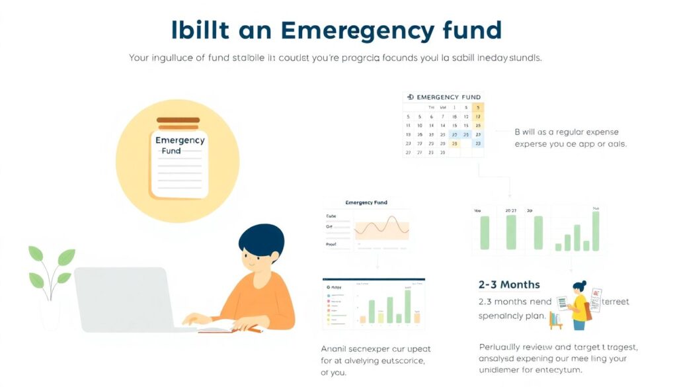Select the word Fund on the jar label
pos(171,151)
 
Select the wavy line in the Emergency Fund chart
pos(382,229)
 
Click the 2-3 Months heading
pos(509,284)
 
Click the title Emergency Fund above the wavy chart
pos(366,202)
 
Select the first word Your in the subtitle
pos(139,58)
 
